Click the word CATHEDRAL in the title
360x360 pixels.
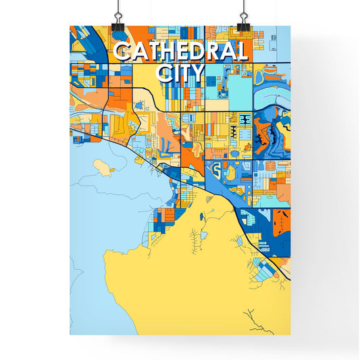(x=180, y=52)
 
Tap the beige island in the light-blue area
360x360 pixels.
(x=103, y=166)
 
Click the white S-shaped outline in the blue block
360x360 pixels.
(x=215, y=168)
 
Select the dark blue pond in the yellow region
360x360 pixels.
(x=209, y=216)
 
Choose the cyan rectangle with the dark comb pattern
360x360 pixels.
(x=244, y=120)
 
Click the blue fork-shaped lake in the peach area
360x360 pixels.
(x=164, y=143)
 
